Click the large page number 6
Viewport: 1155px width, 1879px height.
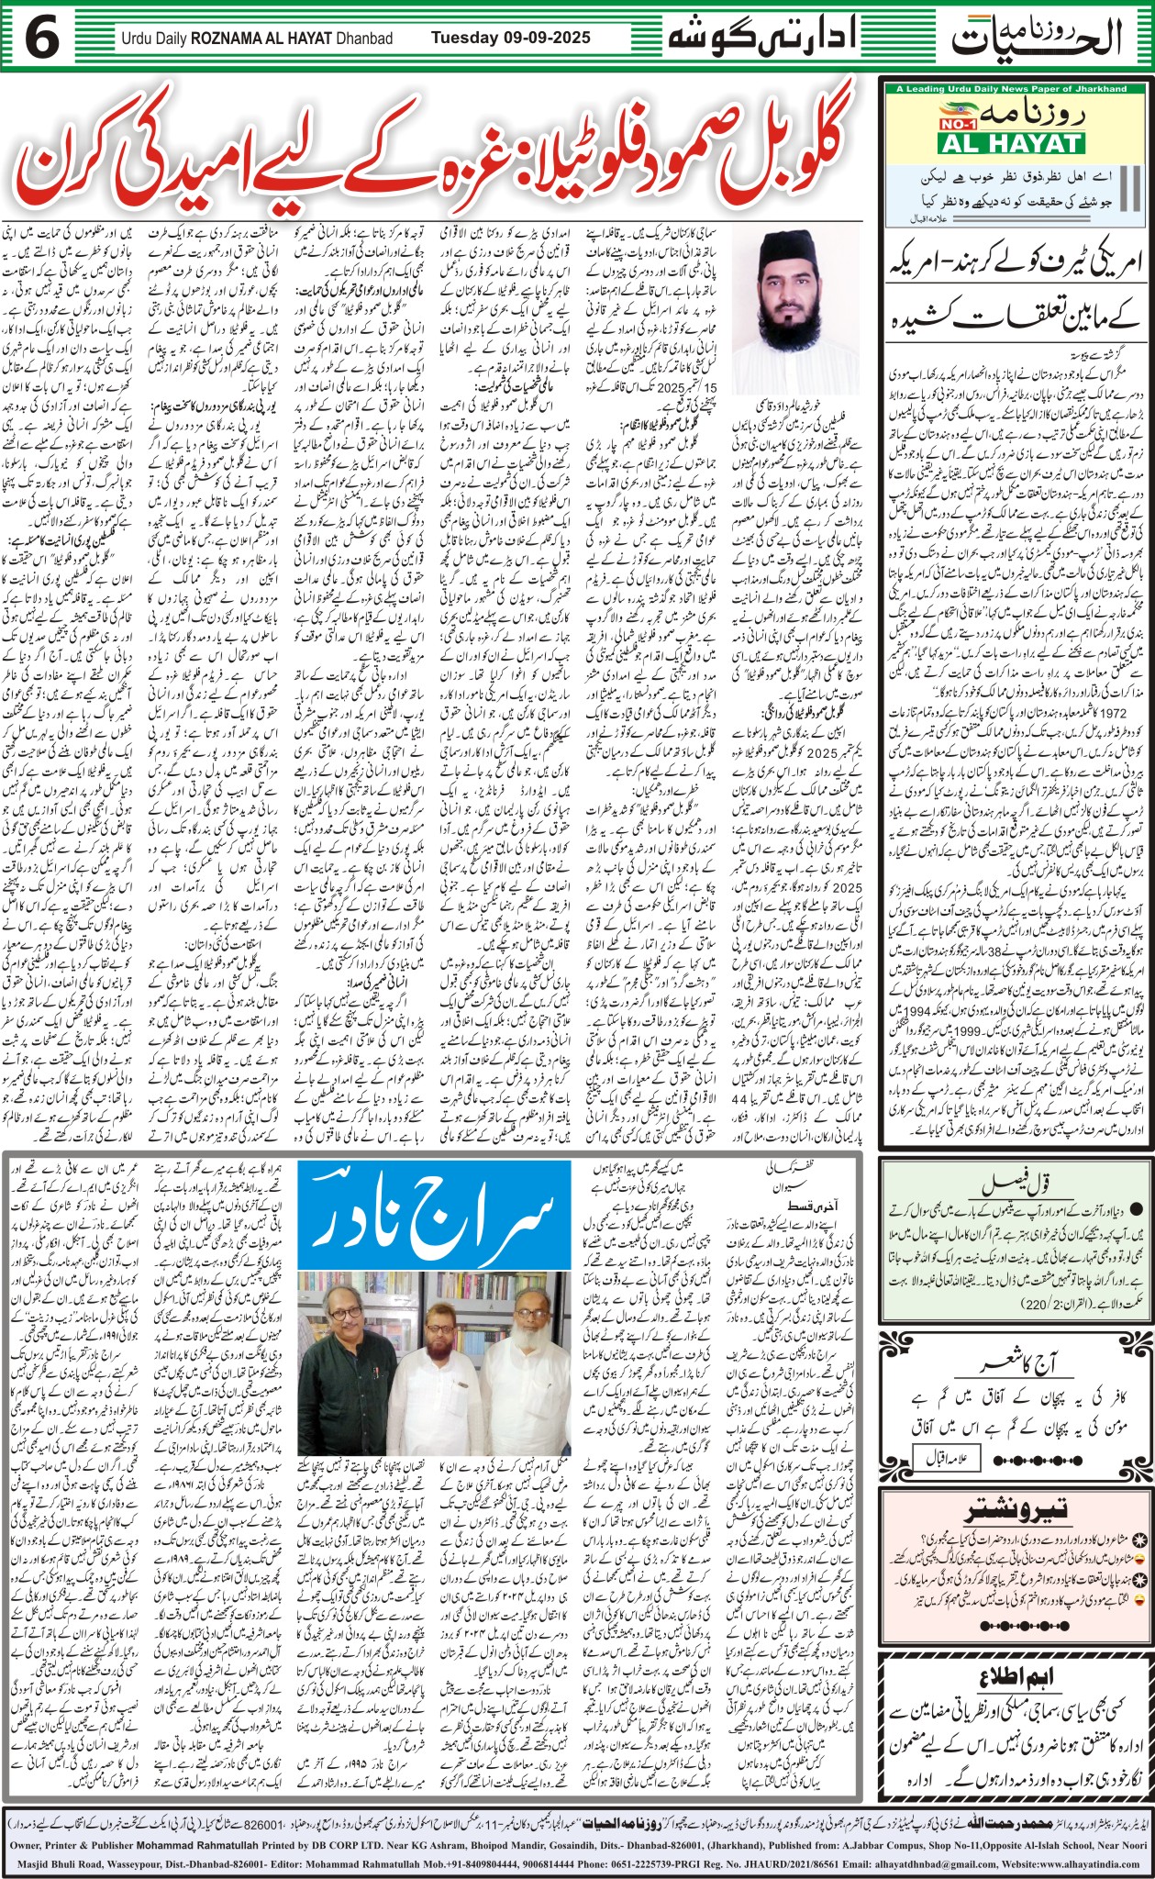(43, 38)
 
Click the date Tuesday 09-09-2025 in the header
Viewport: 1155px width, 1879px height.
(511, 39)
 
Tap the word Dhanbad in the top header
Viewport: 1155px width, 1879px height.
(362, 39)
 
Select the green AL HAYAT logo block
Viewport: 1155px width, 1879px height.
(1006, 144)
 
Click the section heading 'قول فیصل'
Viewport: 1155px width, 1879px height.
(1014, 1184)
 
